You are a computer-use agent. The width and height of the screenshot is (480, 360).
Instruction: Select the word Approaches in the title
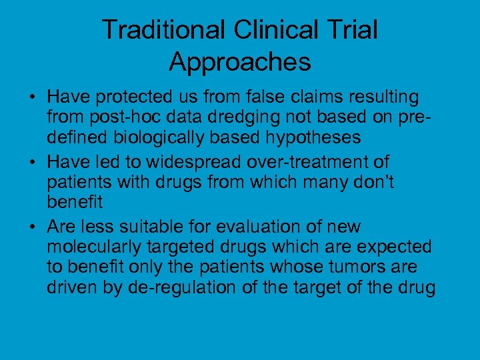click(x=240, y=62)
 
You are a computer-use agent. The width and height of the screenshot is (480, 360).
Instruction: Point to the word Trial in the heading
click(x=353, y=30)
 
